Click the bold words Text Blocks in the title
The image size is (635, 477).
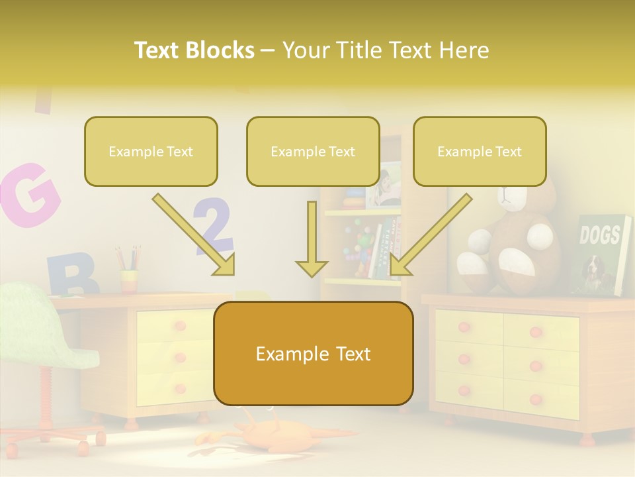coord(194,50)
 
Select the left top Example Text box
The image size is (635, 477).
coord(151,151)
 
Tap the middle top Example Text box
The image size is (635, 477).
coord(313,151)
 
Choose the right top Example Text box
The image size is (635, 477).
coord(480,151)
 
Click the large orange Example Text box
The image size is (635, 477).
coord(313,353)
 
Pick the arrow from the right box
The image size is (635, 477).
coord(430,235)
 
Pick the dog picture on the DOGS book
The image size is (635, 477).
coord(596,272)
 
